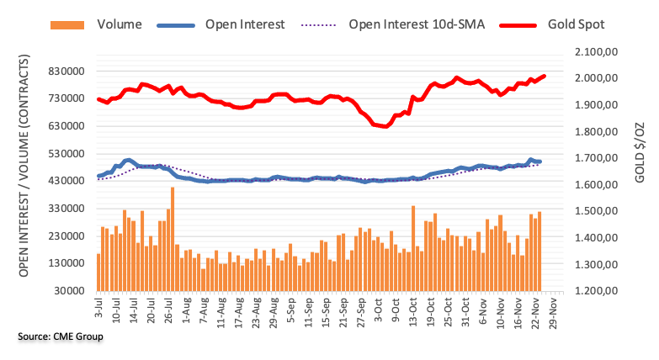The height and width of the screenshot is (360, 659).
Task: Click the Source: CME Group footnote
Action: (x=60, y=336)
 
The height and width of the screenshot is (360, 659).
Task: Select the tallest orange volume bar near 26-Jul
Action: (x=173, y=239)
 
